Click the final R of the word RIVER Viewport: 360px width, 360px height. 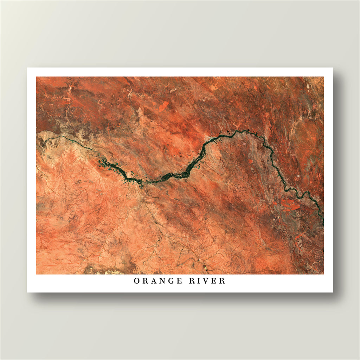(x=223, y=281)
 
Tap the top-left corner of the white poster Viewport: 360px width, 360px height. (x=27, y=68)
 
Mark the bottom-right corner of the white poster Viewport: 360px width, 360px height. (x=332, y=292)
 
